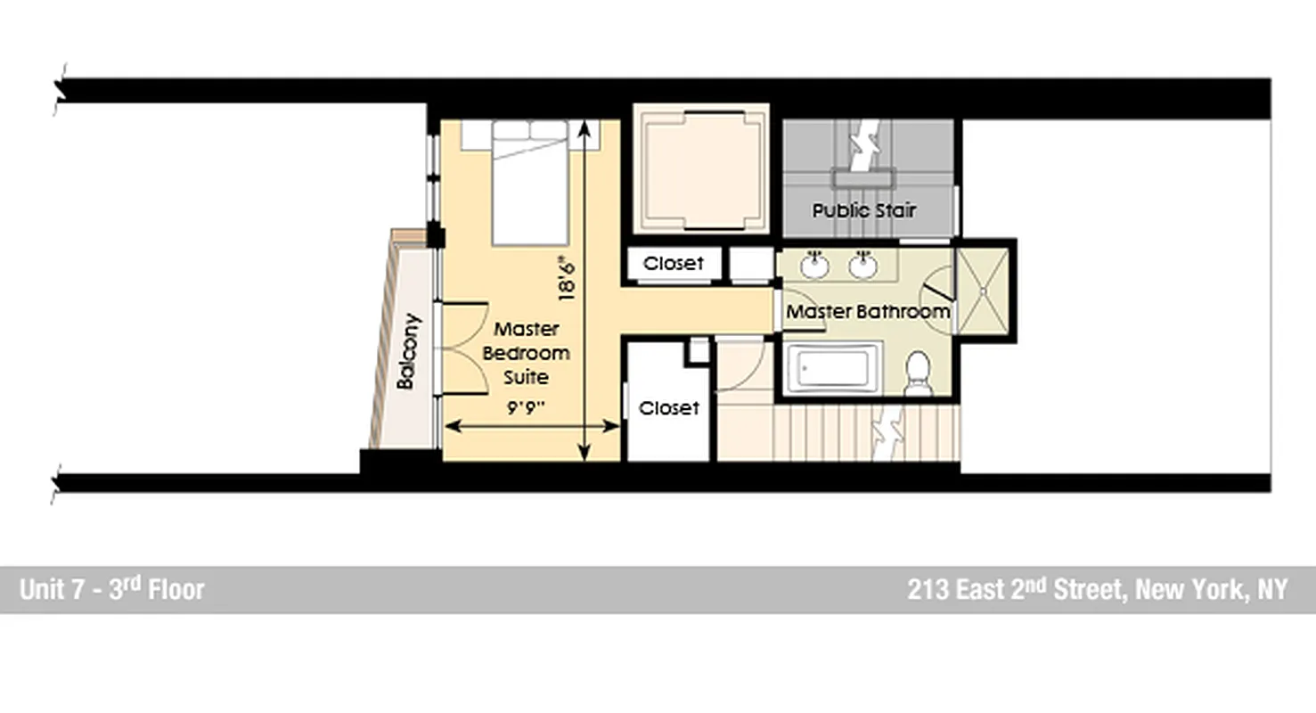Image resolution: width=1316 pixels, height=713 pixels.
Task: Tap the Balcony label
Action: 406,351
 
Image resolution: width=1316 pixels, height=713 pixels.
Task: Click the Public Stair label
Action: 863,211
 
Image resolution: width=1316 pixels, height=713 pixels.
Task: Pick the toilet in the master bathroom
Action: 917,373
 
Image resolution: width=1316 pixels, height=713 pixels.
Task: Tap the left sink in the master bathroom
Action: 813,265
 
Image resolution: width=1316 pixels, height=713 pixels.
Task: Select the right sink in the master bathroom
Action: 862,265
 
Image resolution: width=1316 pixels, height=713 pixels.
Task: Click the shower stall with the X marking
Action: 983,290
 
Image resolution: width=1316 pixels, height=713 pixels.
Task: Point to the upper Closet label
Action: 673,264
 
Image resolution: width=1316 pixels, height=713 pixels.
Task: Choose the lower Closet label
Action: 669,408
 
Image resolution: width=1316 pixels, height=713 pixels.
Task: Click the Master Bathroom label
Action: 867,312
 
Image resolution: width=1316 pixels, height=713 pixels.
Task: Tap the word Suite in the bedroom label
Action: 526,377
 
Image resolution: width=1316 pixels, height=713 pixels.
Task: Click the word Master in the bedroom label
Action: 527,328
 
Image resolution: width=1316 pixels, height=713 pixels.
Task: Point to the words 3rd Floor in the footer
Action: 157,589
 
